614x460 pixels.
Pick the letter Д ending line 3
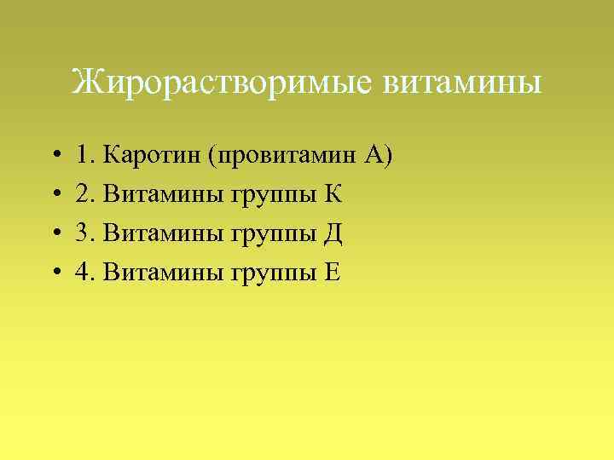(x=333, y=233)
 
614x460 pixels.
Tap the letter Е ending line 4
(x=332, y=272)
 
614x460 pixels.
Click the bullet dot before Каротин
(x=54, y=156)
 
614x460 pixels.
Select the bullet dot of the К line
(x=54, y=195)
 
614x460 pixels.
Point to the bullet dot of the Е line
(x=54, y=273)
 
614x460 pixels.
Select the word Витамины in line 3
(x=162, y=233)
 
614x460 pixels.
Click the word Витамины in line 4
(x=162, y=272)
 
